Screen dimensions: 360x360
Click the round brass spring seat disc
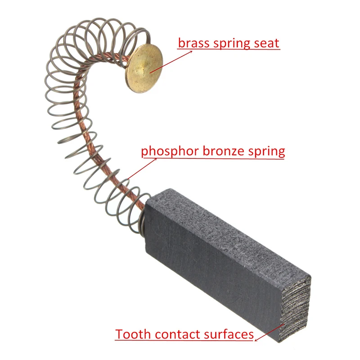[144, 68]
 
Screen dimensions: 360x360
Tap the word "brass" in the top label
[194, 43]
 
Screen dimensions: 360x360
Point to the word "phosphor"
[170, 152]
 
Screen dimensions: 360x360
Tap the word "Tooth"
[133, 334]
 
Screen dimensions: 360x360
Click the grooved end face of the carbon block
[296, 309]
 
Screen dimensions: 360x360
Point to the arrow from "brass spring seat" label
[171, 62]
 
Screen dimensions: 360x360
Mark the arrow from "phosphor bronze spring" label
[142, 168]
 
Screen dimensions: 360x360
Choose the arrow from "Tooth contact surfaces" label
[270, 333]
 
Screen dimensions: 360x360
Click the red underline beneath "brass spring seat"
[229, 49]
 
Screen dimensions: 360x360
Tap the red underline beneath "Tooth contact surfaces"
[184, 340]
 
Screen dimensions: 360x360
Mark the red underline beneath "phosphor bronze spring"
[213, 158]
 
